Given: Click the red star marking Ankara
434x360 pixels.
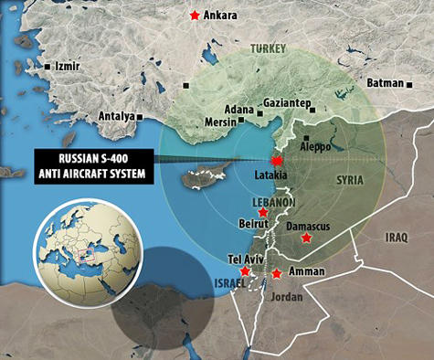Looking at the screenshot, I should (194, 16).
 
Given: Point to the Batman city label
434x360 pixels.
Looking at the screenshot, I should (385, 83).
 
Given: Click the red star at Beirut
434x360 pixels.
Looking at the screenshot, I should (263, 212).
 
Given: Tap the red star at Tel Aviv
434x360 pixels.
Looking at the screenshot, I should (244, 271).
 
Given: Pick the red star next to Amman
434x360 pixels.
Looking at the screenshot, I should (277, 273).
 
